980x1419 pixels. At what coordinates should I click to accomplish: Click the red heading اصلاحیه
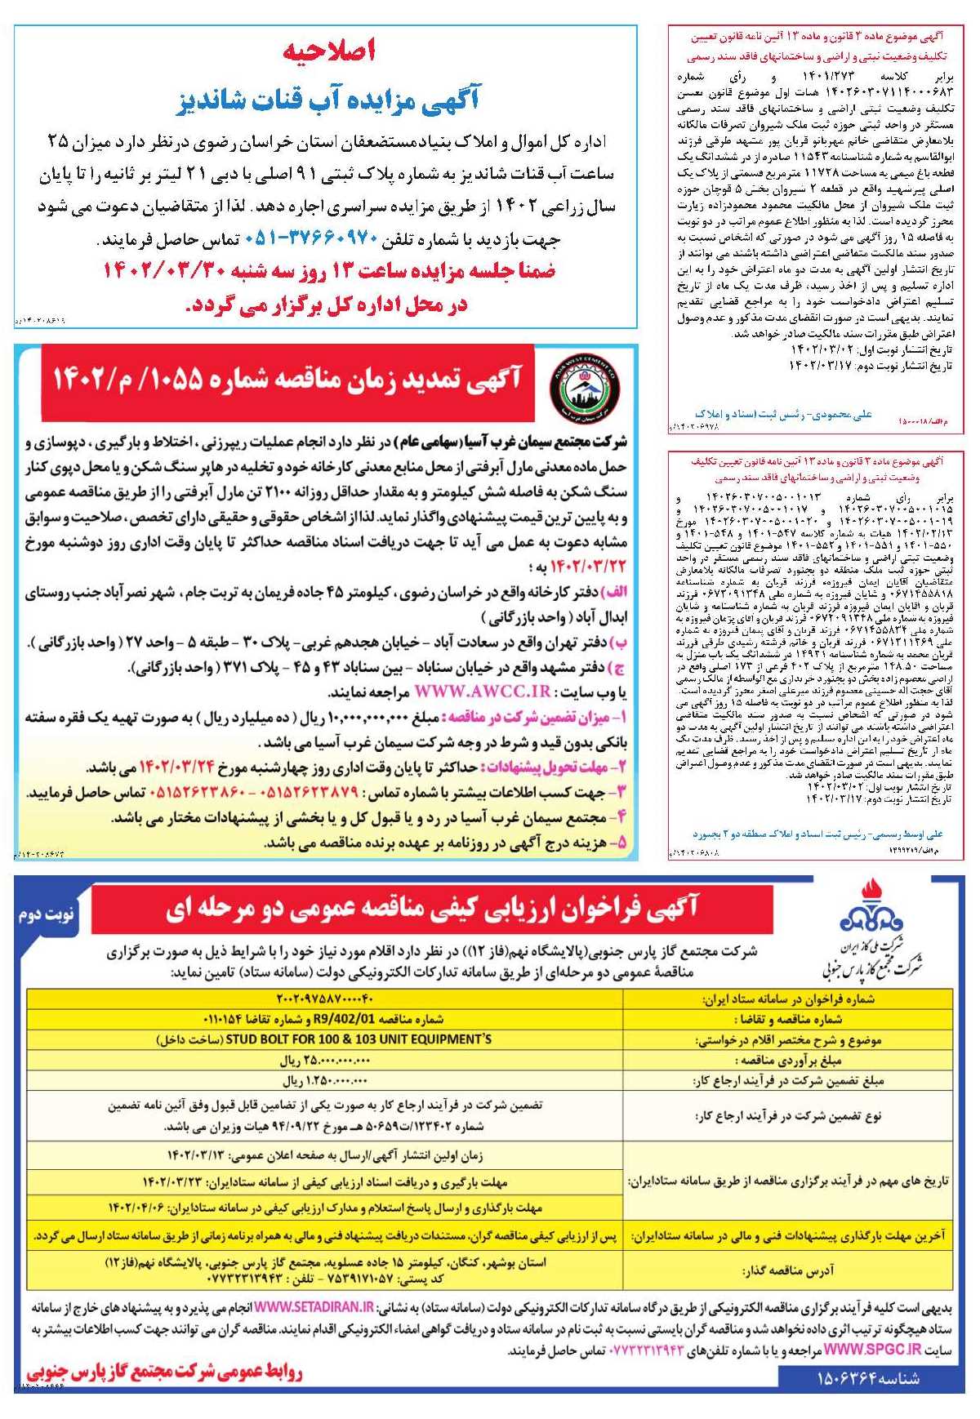click(x=328, y=51)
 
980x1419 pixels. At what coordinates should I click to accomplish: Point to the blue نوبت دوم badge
click(x=47, y=914)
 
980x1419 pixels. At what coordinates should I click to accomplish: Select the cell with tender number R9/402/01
click(x=323, y=1019)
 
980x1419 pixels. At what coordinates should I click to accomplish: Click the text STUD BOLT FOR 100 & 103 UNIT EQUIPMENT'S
click(x=323, y=1039)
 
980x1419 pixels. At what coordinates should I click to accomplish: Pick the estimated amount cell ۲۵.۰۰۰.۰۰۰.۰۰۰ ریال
click(x=325, y=1061)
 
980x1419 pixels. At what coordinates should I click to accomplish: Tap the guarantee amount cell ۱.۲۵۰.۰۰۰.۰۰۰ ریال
click(x=325, y=1081)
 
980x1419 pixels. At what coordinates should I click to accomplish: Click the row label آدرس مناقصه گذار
click(x=788, y=1271)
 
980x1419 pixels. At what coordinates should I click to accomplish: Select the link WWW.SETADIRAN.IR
click(x=314, y=1307)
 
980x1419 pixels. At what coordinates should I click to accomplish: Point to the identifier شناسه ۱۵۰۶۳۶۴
click(x=868, y=1379)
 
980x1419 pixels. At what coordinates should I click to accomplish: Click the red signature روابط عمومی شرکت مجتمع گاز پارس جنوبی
click(x=163, y=1373)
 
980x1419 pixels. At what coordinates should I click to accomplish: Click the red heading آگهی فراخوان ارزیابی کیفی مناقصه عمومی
click(x=432, y=908)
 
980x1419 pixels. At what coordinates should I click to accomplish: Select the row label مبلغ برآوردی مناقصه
click(x=788, y=1061)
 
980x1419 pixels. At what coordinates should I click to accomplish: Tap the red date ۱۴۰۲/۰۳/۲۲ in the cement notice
click(x=587, y=566)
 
